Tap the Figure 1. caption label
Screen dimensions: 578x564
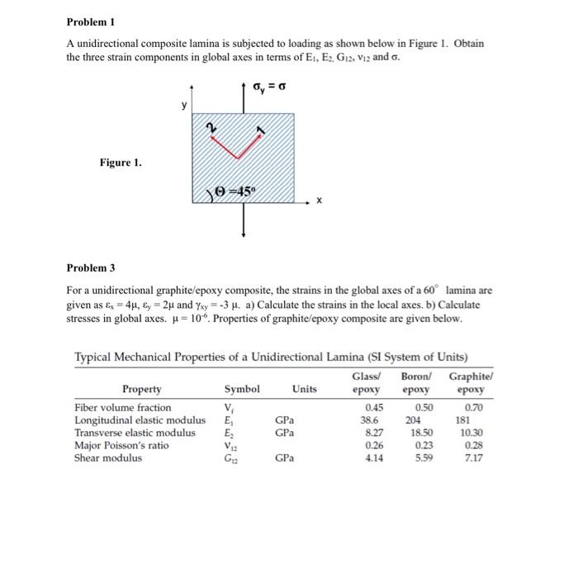121,163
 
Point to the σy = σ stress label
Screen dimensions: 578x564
274,87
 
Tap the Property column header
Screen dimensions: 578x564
142,389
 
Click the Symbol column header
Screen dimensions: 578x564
243,389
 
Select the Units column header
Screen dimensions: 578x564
303,389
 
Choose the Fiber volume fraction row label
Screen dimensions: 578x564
123,408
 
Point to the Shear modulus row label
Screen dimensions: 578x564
108,457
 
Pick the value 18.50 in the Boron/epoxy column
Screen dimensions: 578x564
421,433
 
